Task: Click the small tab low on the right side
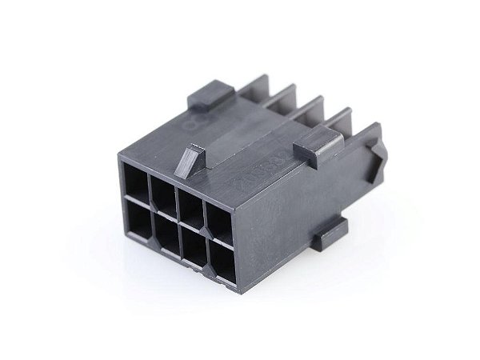click(x=329, y=235)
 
